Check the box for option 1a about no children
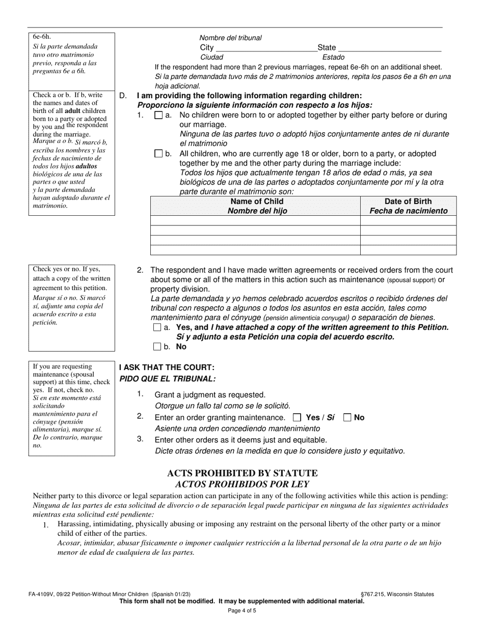click(158, 116)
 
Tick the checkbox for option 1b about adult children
click(158, 154)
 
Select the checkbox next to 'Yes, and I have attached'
click(157, 328)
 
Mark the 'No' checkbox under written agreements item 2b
click(157, 347)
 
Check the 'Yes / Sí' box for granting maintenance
click(298, 418)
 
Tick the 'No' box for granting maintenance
click(347, 418)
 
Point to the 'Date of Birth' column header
click(408, 206)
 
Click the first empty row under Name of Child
click(255, 220)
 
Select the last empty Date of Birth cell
click(408, 250)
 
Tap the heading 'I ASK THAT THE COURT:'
click(167, 367)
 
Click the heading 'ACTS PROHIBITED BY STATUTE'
click(242, 473)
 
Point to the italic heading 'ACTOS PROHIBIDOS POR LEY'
click(242, 485)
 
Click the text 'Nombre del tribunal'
click(230, 38)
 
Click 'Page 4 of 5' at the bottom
click(242, 611)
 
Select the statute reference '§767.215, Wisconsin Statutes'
click(397, 594)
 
